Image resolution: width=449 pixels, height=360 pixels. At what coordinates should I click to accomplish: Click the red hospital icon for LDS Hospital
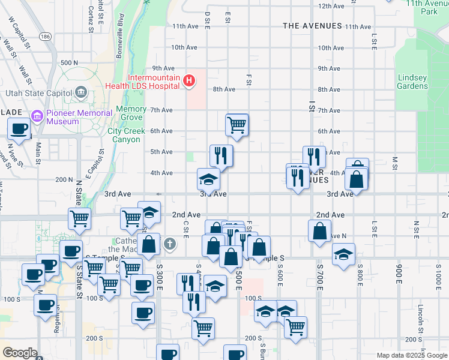click(189, 80)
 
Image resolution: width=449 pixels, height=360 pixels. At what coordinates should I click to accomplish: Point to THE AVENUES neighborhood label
click(312, 26)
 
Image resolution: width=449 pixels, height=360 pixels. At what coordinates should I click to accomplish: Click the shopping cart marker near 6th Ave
click(237, 125)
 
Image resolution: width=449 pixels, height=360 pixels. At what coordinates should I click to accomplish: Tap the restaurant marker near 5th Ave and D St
click(221, 156)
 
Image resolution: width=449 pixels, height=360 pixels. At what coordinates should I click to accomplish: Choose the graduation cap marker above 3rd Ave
click(208, 179)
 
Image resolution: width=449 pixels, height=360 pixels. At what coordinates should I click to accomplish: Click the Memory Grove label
click(131, 113)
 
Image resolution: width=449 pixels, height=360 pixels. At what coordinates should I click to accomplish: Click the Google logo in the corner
click(19, 353)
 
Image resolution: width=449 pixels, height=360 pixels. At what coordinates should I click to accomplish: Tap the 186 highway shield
click(46, 37)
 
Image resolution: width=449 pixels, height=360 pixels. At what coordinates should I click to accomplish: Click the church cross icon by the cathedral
click(170, 243)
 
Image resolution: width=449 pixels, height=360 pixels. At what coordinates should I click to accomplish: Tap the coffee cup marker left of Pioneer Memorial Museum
click(19, 128)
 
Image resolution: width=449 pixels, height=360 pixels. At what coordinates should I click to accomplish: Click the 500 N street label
click(69, 62)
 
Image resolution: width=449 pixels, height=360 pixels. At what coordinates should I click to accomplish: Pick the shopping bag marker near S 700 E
click(320, 231)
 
